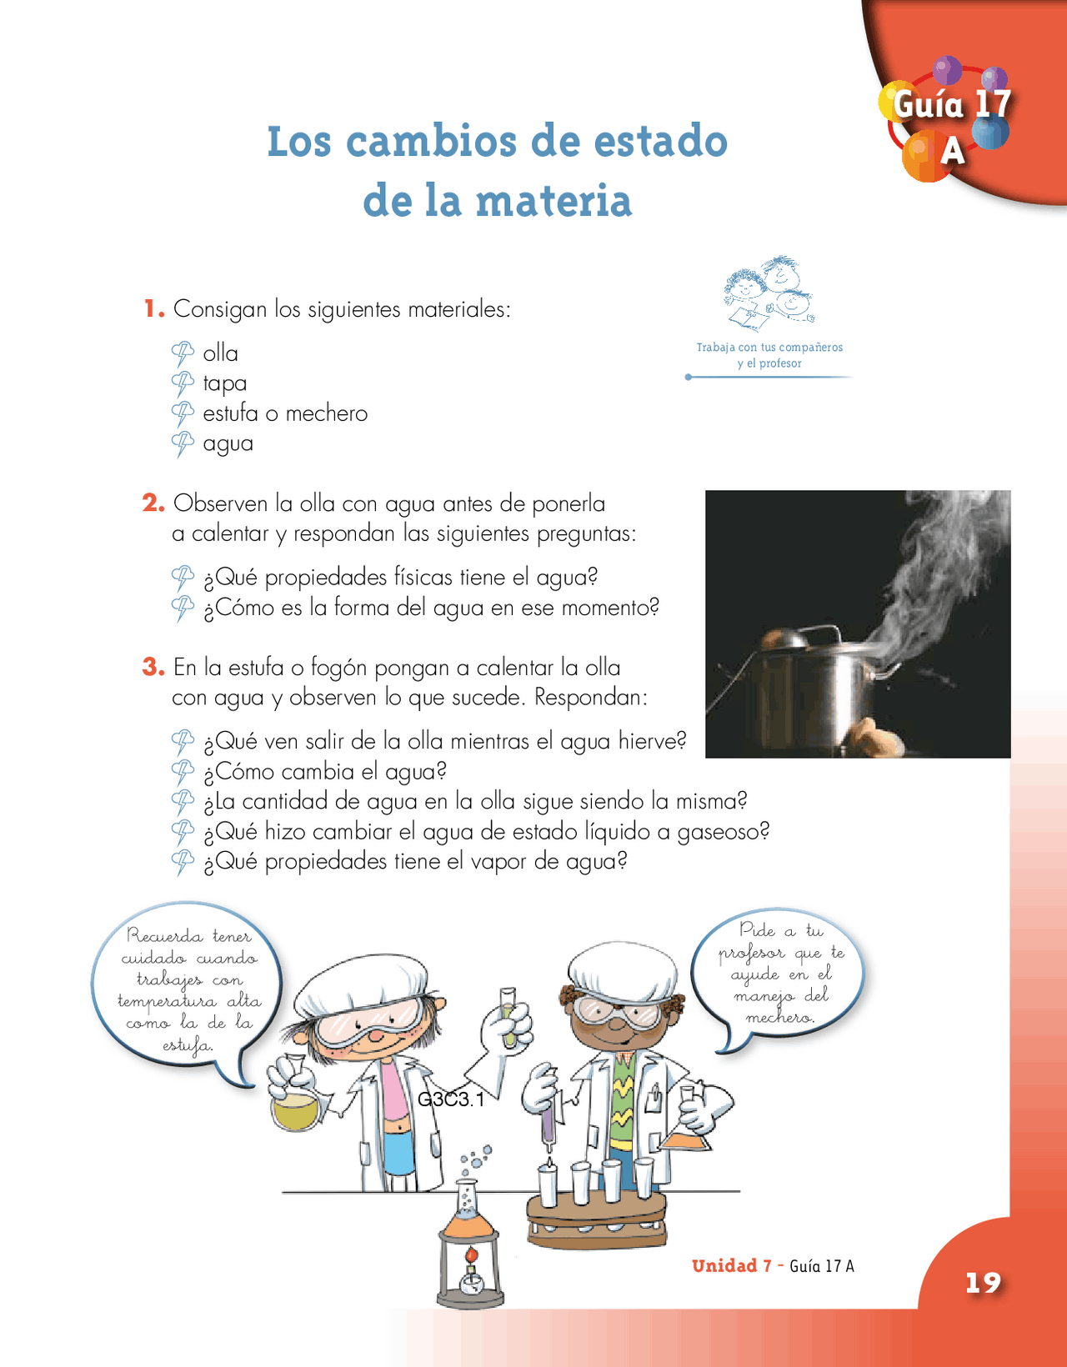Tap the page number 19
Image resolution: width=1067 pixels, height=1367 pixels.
[983, 1283]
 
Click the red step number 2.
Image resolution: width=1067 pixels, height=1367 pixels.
[153, 503]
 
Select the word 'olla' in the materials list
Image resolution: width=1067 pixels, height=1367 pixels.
[220, 353]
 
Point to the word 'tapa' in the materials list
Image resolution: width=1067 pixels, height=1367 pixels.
[225, 383]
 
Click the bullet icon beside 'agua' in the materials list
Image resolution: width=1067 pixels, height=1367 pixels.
[183, 443]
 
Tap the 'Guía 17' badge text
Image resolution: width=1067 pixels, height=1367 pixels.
[951, 105]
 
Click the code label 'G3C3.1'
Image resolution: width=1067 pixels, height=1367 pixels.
[451, 1099]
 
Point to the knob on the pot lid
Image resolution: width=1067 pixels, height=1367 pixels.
[784, 639]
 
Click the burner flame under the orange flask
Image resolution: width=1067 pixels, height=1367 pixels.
[472, 1254]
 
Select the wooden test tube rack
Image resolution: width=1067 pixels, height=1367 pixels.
[597, 1217]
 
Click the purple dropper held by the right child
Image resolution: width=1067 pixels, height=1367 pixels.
[549, 1121]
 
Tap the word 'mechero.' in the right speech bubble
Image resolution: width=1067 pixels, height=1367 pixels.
[779, 1018]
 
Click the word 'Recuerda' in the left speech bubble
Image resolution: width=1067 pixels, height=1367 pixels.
[164, 936]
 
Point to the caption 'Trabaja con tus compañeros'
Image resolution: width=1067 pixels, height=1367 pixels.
[769, 347]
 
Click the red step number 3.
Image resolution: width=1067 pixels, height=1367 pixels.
[153, 667]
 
